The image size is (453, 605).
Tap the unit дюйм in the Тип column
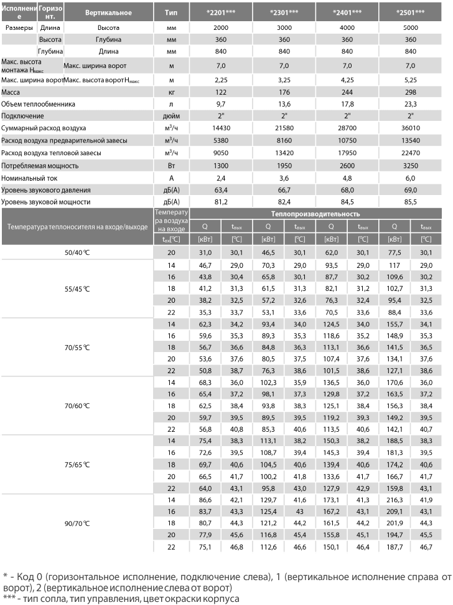click(x=171, y=116)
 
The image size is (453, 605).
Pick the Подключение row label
click(x=22, y=116)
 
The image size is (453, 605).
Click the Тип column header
click(x=171, y=12)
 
